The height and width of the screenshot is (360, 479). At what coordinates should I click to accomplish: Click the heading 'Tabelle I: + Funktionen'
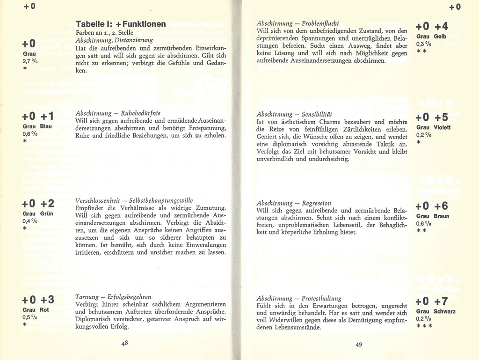(x=121, y=24)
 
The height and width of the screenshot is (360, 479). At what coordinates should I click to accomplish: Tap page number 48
(x=125, y=343)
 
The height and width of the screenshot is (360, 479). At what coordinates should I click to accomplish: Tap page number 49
(x=359, y=345)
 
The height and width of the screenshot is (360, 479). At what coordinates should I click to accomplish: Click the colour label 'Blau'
(x=46, y=127)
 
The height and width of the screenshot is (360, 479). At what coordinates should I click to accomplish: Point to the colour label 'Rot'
(x=44, y=309)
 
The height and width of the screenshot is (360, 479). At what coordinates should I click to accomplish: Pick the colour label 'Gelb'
(x=440, y=37)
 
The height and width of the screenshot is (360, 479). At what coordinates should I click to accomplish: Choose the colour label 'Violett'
(x=442, y=127)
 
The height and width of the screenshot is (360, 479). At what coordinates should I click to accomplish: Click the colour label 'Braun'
(x=442, y=216)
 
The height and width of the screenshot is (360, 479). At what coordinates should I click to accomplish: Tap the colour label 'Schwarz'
(x=444, y=311)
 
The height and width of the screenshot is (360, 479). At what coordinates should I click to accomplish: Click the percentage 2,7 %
(x=29, y=61)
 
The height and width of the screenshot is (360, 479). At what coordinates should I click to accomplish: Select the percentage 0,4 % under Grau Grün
(x=29, y=221)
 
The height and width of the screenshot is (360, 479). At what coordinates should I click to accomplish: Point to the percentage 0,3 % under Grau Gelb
(x=424, y=44)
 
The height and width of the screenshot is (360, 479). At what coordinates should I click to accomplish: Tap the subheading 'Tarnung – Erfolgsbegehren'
(x=113, y=297)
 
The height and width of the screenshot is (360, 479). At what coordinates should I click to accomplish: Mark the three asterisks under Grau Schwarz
(x=424, y=326)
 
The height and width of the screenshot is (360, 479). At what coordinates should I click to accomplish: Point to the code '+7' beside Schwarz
(x=441, y=301)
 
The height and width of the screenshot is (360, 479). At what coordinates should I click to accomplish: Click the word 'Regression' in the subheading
(x=316, y=203)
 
